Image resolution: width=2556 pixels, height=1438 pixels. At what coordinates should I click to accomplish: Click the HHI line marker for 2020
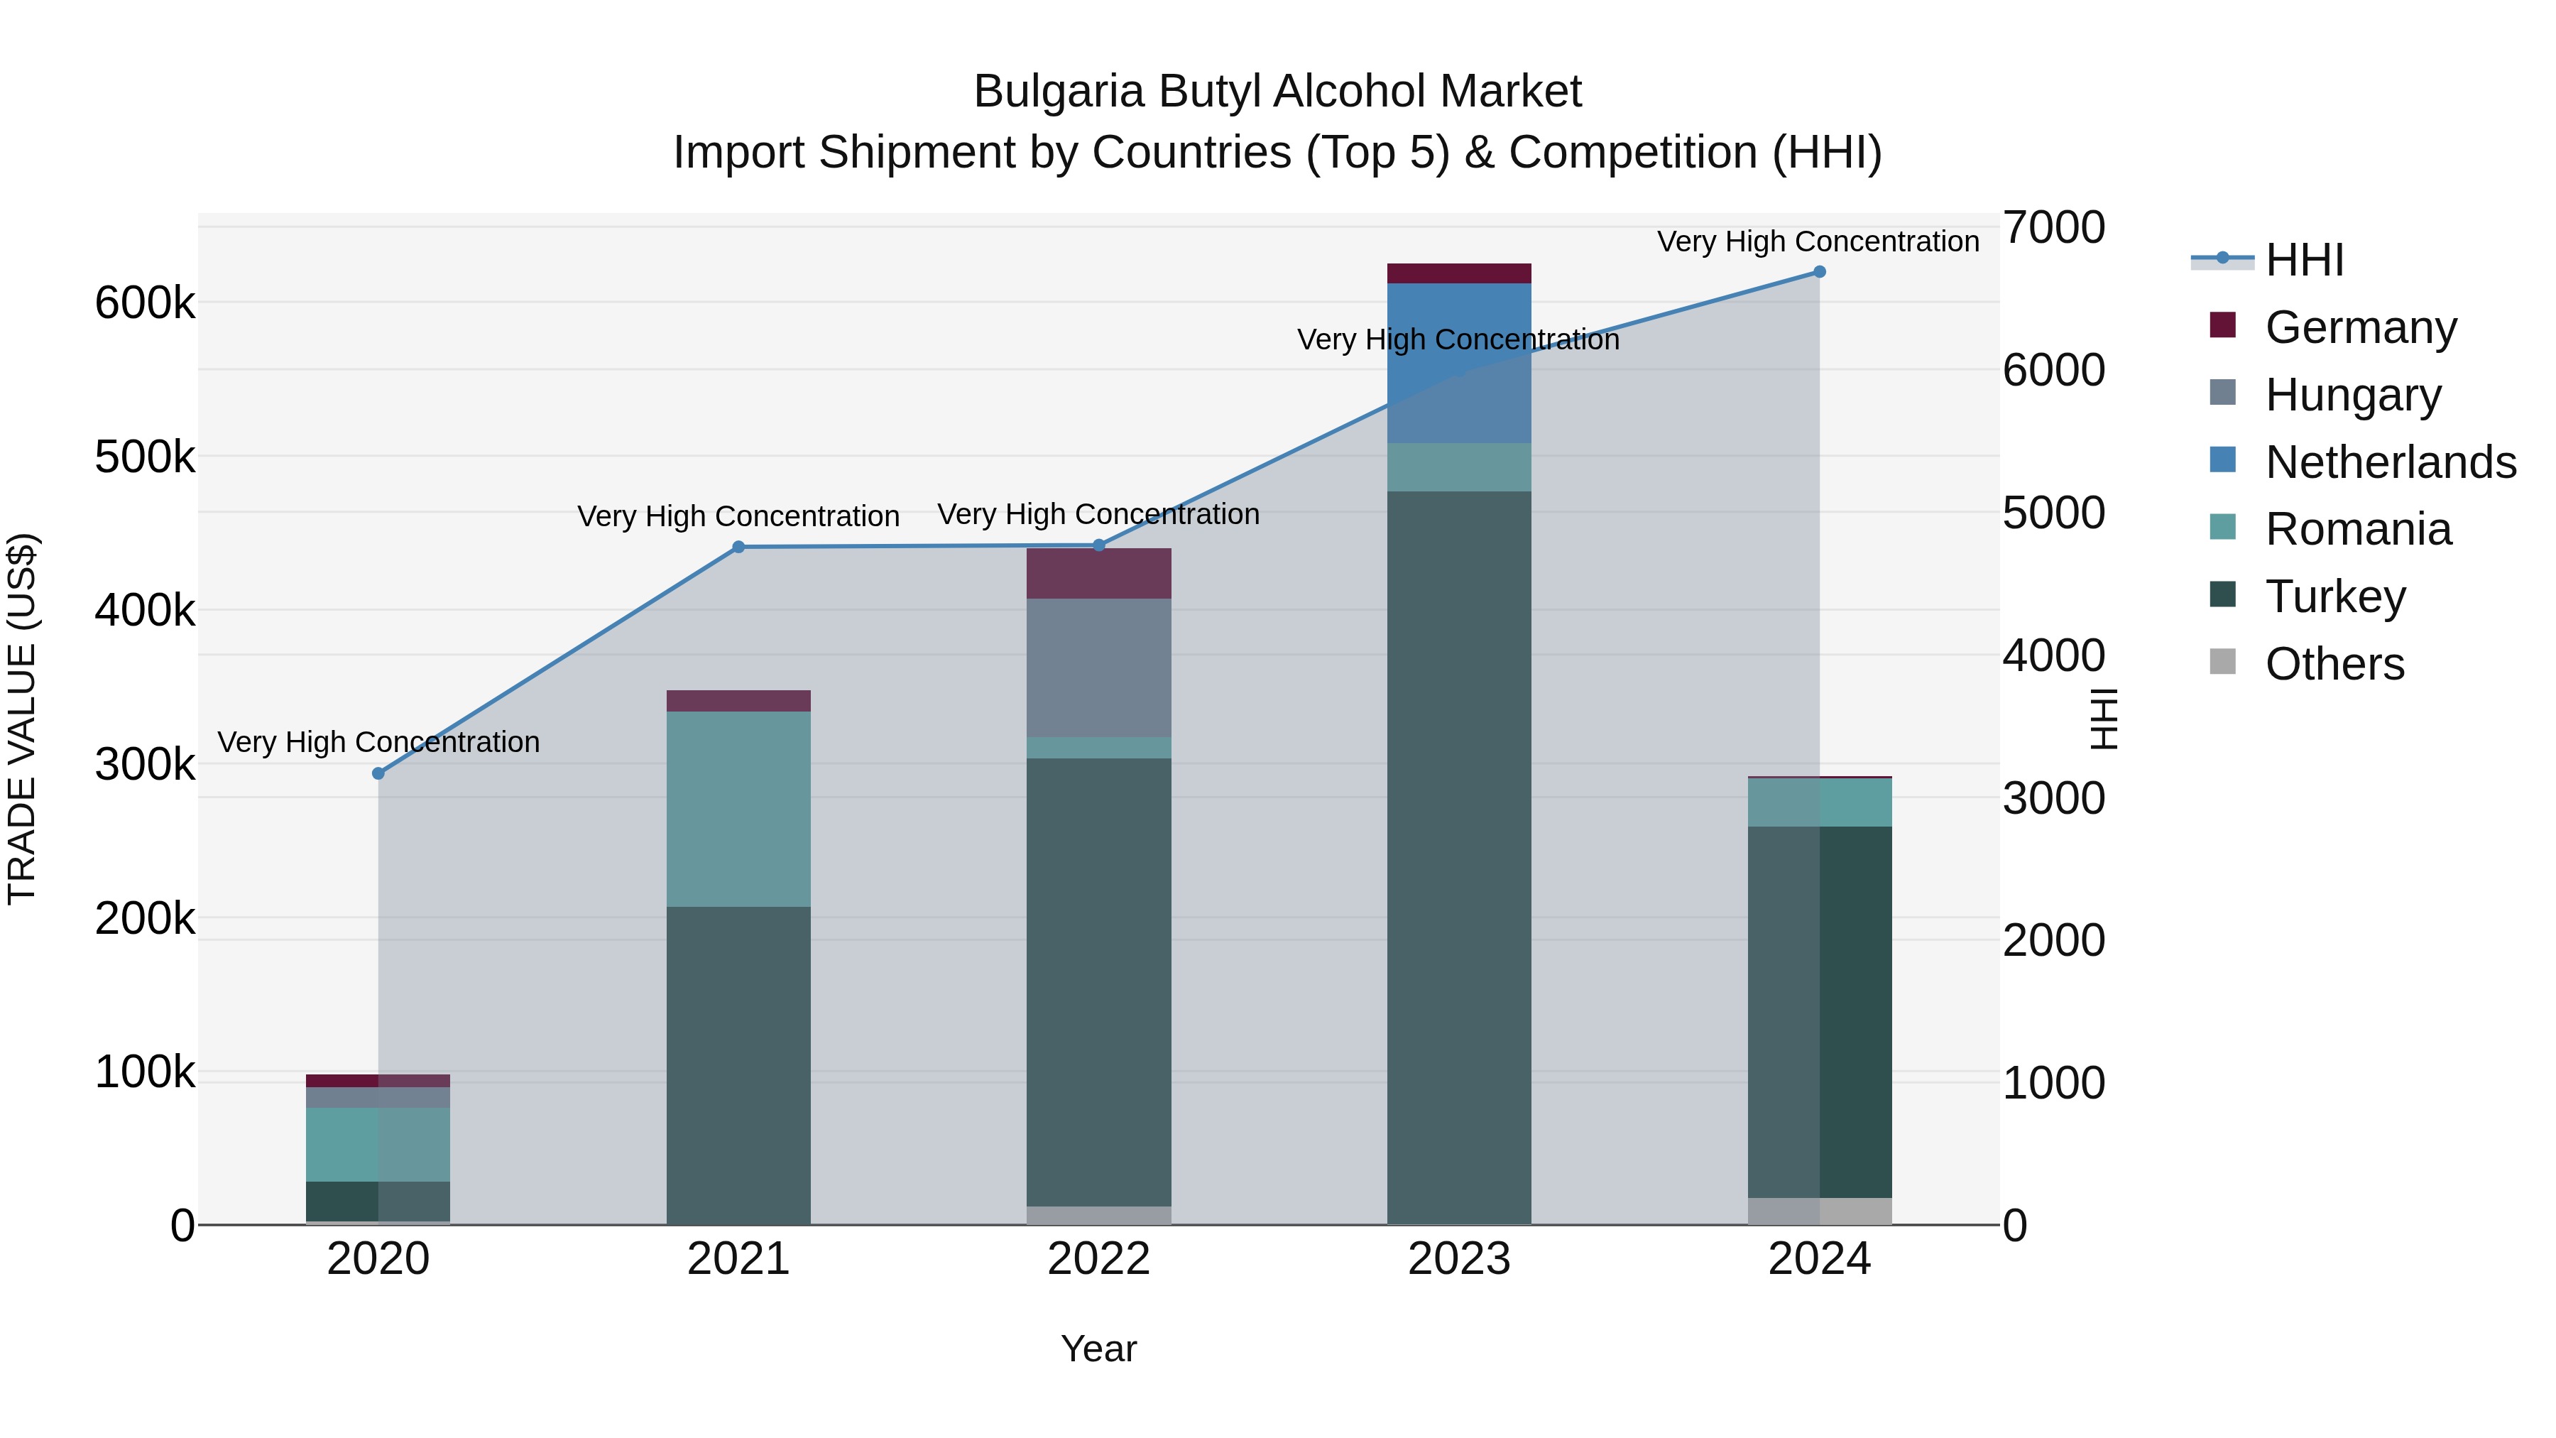point(378,773)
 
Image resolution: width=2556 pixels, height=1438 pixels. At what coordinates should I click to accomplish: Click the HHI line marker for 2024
point(1819,272)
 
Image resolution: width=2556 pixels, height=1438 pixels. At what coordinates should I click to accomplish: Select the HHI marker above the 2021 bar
point(738,547)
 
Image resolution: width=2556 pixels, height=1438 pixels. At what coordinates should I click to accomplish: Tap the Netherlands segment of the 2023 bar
point(1458,362)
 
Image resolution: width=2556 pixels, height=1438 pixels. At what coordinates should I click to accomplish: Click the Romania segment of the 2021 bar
point(738,809)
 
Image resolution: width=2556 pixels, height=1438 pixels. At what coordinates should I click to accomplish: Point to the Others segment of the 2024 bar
point(1819,1211)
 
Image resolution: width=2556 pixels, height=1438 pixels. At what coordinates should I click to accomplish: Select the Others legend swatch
point(2222,662)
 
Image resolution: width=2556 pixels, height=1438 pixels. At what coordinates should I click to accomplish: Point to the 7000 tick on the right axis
point(2053,227)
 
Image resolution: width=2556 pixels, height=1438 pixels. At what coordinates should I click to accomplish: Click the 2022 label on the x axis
point(1098,1259)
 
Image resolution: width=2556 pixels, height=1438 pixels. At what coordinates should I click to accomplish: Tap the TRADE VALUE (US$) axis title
point(22,719)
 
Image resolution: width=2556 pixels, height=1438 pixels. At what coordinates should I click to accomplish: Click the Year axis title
point(1098,1349)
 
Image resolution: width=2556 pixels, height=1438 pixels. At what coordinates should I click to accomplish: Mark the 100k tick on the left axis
point(145,1073)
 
